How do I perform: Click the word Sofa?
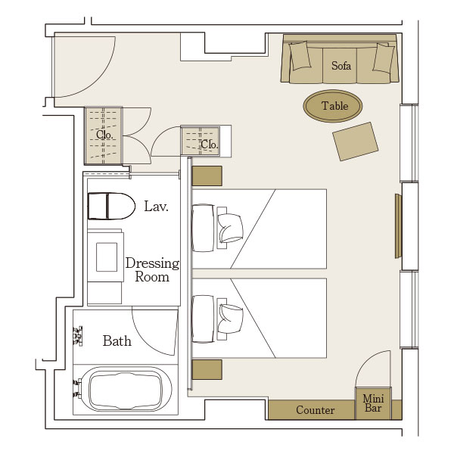pyautogui.click(x=341, y=66)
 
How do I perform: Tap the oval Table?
pyautogui.click(x=333, y=106)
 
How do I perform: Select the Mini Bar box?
pyautogui.click(x=373, y=403)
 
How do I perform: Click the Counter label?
pyautogui.click(x=315, y=410)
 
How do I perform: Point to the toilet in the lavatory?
pyautogui.click(x=111, y=206)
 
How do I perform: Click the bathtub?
pyautogui.click(x=126, y=390)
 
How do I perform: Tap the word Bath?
pyautogui.click(x=117, y=340)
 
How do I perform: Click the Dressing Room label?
pyautogui.click(x=152, y=270)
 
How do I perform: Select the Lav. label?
pyautogui.click(x=156, y=207)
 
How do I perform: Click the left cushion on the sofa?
pyautogui.click(x=300, y=55)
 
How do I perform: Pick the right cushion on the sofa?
pyautogui.click(x=383, y=58)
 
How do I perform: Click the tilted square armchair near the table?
pyautogui.click(x=356, y=141)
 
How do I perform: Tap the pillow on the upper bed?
pyautogui.click(x=230, y=229)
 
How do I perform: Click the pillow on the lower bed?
pyautogui.click(x=230, y=319)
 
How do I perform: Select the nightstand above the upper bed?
pyautogui.click(x=207, y=176)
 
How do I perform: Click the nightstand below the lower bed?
pyautogui.click(x=207, y=369)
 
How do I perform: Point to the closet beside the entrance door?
pyautogui.click(x=104, y=135)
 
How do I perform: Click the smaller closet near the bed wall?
pyautogui.click(x=201, y=141)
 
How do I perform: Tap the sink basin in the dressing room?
pyautogui.click(x=107, y=257)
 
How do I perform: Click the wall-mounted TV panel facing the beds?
pyautogui.click(x=398, y=225)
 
